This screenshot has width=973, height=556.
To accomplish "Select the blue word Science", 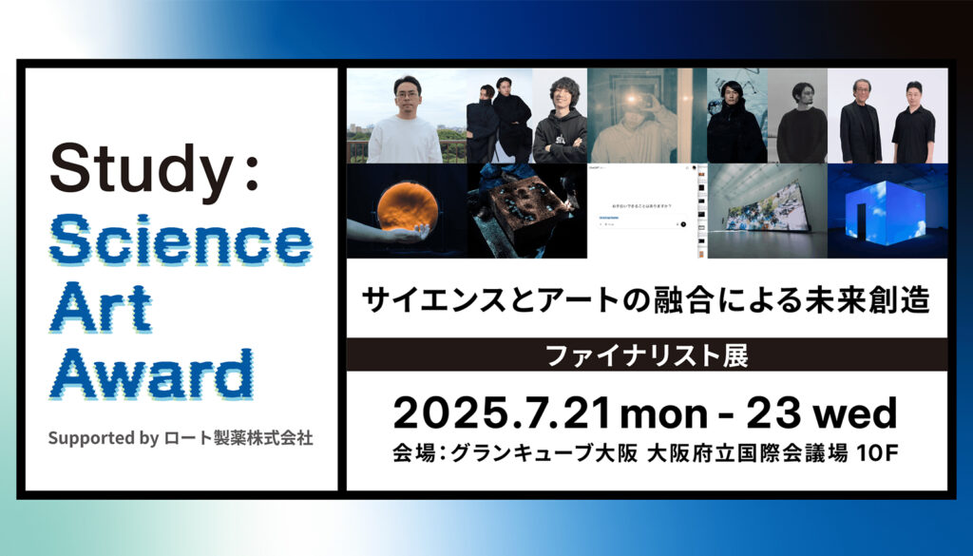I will pyautogui.click(x=181, y=239).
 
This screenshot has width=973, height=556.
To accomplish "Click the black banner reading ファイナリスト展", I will pyautogui.click(x=646, y=356).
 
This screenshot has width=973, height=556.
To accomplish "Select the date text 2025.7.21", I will pyautogui.click(x=504, y=413).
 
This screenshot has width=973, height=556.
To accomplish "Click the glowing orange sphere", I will pyautogui.click(x=405, y=210).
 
